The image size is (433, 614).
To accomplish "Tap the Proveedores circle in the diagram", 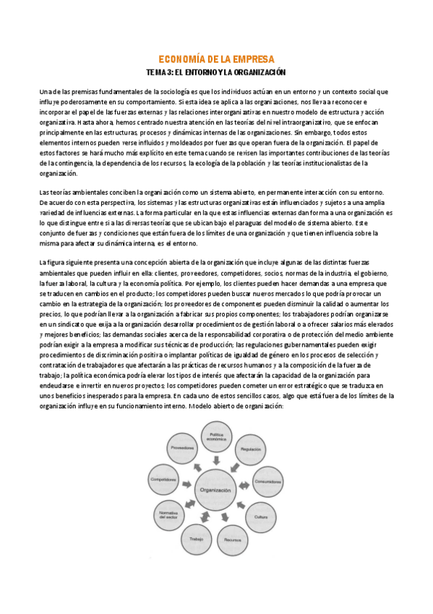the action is pyautogui.click(x=182, y=448).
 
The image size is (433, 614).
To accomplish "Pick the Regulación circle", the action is pyautogui.click(x=251, y=448).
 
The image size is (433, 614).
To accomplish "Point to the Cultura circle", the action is pyautogui.click(x=262, y=516).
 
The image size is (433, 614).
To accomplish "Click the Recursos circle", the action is pyautogui.click(x=231, y=539).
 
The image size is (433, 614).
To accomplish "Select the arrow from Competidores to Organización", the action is pyautogui.click(x=188, y=484).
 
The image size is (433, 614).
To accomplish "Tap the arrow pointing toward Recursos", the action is pyautogui.click(x=225, y=519).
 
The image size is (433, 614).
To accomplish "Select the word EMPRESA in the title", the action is pyautogui.click(x=250, y=59).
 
